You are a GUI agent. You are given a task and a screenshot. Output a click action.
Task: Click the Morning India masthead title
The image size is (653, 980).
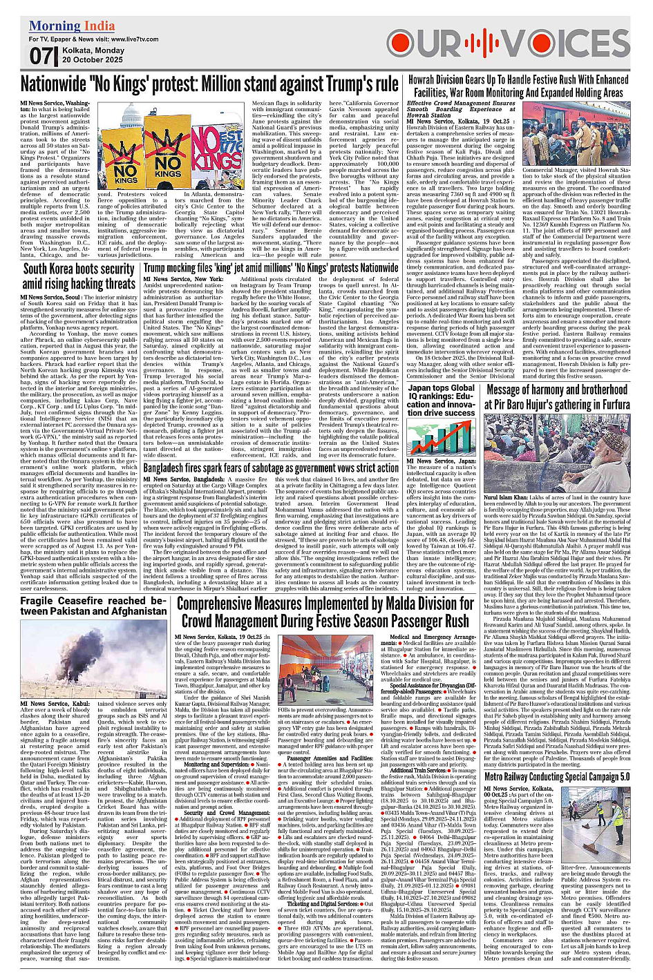(x=72, y=27)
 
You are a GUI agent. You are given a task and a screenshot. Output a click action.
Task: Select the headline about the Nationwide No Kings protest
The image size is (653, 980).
(x=209, y=84)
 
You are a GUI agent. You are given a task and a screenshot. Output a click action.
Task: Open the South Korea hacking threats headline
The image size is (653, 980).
(x=79, y=276)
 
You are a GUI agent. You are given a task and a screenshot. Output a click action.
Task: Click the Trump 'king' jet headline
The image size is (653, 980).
(x=270, y=268)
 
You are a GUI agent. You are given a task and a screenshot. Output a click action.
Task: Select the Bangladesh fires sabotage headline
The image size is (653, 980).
(x=270, y=468)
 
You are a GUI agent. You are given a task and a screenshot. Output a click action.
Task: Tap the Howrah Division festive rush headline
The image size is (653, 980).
(x=518, y=86)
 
